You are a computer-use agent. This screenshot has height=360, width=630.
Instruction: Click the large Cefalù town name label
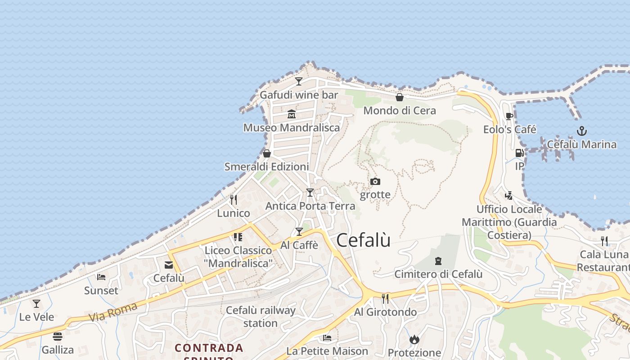pos(363,240)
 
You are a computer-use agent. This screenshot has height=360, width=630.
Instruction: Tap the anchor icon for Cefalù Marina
pos(582,131)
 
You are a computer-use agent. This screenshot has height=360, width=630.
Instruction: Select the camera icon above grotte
pos(375,181)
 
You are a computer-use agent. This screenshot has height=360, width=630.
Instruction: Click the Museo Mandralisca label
pos(292,128)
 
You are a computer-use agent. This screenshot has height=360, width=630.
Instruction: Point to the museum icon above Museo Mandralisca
pos(291,114)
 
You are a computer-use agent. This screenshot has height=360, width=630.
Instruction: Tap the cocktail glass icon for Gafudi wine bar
pos(299,81)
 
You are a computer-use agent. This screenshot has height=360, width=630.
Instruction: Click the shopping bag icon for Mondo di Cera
pos(399,97)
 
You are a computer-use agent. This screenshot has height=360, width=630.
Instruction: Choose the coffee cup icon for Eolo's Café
pos(509,116)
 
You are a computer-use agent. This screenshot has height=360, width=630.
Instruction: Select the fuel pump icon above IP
pos(519,153)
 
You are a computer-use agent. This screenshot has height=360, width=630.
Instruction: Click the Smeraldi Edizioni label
pos(267,167)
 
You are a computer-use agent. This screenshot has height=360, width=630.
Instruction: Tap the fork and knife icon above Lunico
pos(233,199)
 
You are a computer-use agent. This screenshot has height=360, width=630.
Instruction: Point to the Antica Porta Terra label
pos(310,206)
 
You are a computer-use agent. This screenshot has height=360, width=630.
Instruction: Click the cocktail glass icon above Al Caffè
pos(299,232)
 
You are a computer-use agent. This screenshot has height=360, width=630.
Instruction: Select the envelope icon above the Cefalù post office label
pos(169,265)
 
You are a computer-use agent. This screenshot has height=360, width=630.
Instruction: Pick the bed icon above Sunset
pos(101,277)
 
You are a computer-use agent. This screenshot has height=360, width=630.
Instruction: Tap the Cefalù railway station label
pos(261,317)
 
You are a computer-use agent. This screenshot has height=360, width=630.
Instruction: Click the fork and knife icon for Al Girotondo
pos(385,298)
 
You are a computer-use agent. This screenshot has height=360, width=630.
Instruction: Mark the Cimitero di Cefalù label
pos(438,274)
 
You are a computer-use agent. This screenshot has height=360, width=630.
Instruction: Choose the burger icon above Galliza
pos(58,336)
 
